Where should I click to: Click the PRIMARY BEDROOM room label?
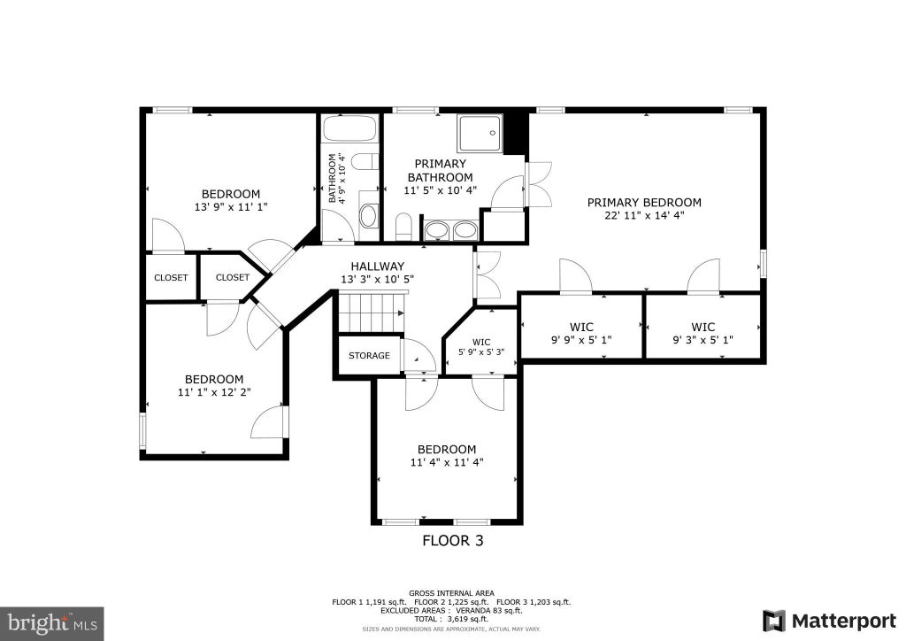pos(644,202)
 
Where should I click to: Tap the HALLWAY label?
pos(377,266)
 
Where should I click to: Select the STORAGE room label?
pos(369,355)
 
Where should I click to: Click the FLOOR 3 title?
pos(453,540)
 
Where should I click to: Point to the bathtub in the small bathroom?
pos(350,127)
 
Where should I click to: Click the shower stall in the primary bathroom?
pos(480,133)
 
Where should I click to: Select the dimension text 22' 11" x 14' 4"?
pos(644,216)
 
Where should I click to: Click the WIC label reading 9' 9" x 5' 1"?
pos(581,334)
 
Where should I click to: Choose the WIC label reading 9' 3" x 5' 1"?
pos(703,334)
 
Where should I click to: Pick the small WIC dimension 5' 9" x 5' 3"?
pos(481,351)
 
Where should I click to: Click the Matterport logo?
pos(830,621)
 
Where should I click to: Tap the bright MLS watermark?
pos(52,623)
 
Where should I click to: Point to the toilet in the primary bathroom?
pos(403,226)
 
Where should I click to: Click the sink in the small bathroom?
pos(368,216)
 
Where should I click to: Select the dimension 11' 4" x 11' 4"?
pos(447,462)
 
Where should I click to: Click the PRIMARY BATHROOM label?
pos(441,171)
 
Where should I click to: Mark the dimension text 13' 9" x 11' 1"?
pos(231,207)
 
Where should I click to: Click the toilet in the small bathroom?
pos(364,162)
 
